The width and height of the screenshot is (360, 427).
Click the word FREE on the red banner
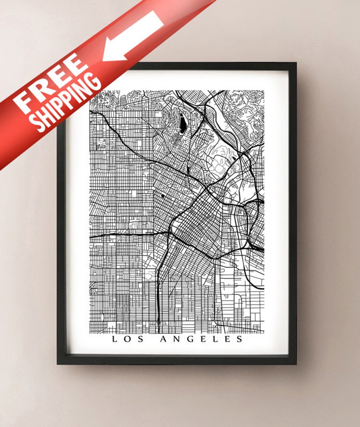(51, 84)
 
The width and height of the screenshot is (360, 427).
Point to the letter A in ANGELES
(163, 339)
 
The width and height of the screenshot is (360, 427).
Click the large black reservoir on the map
(182, 123)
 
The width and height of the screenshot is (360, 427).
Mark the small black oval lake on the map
(162, 196)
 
